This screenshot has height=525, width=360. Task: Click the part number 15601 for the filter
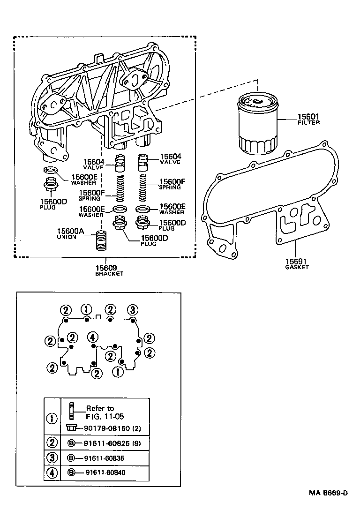(308, 116)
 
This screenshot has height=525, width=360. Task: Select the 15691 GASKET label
(297, 263)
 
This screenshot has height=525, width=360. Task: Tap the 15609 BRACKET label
(109, 270)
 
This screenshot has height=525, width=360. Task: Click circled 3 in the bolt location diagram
(133, 309)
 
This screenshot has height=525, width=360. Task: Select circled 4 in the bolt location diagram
(92, 337)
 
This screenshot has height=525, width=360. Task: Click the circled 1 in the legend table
(52, 418)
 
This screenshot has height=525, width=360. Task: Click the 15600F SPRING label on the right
(170, 184)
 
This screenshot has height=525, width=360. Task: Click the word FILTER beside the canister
(308, 122)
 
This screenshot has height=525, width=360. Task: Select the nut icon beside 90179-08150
(72, 428)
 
